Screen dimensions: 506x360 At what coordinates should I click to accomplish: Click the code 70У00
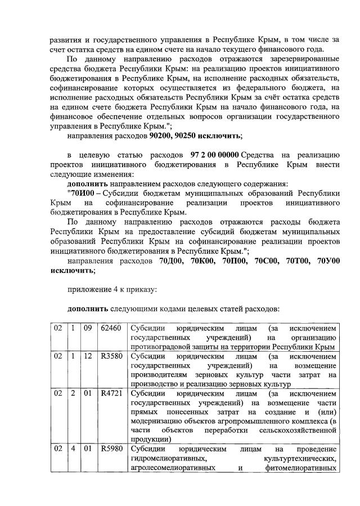[328, 262]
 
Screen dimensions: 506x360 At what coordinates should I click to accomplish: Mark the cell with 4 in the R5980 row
[73, 449]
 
